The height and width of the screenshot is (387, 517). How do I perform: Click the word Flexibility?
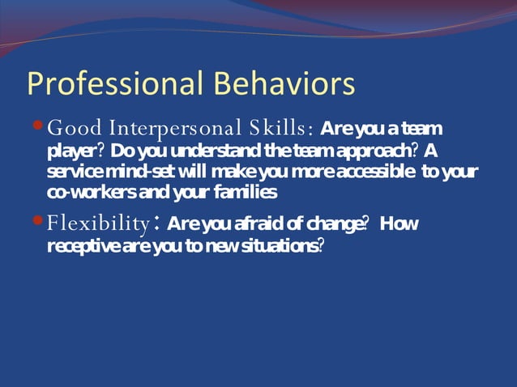pyautogui.click(x=98, y=223)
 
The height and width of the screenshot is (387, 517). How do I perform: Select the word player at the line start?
pyautogui.click(x=70, y=151)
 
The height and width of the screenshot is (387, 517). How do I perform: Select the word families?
pyautogui.click(x=246, y=193)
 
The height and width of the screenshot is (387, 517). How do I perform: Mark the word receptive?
pyautogui.click(x=84, y=245)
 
